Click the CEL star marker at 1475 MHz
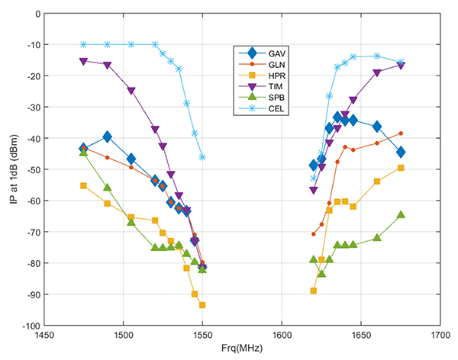(x=84, y=44)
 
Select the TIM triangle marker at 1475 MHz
(x=84, y=61)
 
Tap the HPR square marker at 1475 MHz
(x=84, y=185)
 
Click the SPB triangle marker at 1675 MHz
(x=401, y=215)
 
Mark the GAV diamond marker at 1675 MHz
(x=401, y=153)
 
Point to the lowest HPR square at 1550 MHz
(x=202, y=305)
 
